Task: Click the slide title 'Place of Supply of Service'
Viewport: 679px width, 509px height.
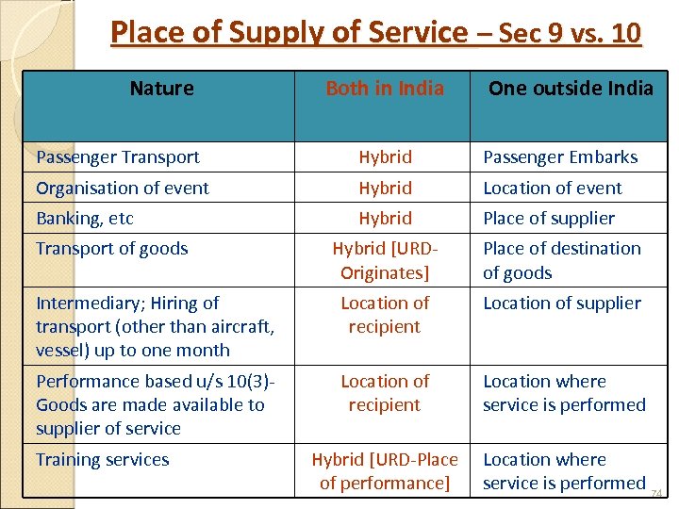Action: click(289, 33)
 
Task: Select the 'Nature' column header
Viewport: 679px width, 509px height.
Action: click(161, 89)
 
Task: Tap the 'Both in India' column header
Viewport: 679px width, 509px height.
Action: click(385, 89)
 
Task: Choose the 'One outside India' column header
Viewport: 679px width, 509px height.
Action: click(571, 89)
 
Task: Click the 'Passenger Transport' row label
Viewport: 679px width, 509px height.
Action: click(118, 157)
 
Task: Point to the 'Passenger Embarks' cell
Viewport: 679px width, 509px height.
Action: click(560, 157)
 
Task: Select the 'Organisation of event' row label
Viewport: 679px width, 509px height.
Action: click(123, 188)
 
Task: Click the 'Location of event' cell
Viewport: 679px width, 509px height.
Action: click(553, 188)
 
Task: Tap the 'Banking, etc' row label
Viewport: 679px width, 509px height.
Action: click(85, 218)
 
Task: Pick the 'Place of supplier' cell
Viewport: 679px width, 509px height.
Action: click(549, 218)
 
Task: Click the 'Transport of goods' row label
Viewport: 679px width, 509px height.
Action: click(112, 249)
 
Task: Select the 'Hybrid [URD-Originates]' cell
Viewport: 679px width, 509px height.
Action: click(385, 260)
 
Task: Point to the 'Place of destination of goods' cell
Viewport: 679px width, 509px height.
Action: click(562, 260)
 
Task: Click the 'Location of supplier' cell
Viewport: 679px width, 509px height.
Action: click(562, 303)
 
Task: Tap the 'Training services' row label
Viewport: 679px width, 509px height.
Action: click(103, 460)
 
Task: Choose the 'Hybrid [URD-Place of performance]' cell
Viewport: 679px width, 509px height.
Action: click(385, 471)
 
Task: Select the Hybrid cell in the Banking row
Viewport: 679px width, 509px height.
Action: click(385, 218)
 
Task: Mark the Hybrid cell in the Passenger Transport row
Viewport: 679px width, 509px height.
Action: click(385, 157)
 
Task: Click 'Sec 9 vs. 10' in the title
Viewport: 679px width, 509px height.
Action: click(569, 33)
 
